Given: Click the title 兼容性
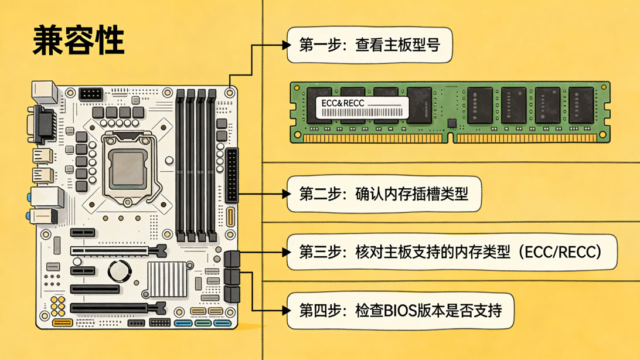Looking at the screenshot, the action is click(x=79, y=40).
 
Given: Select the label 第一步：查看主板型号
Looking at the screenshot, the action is click(x=369, y=45).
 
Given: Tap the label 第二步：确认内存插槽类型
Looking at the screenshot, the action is click(x=384, y=194).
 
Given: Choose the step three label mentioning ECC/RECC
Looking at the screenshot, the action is click(x=452, y=252).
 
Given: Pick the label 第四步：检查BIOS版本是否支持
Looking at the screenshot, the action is click(x=400, y=311).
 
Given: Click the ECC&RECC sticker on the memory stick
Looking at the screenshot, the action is click(x=362, y=108).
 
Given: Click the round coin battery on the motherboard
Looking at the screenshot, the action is click(x=120, y=270).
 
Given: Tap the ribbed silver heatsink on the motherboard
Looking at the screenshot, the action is click(x=167, y=279).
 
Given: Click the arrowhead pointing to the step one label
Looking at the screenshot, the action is click(x=287, y=45).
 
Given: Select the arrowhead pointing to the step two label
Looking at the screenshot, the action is click(x=287, y=194).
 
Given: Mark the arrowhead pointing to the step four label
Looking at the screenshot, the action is click(x=287, y=311).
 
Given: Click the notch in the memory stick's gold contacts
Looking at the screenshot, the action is click(x=450, y=138).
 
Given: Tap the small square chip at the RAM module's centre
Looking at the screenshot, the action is click(x=451, y=123).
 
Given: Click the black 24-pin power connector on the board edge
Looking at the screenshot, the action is click(x=232, y=175).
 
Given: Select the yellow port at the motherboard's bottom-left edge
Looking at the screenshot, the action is click(x=63, y=323).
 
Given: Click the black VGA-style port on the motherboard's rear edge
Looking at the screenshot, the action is click(x=44, y=125).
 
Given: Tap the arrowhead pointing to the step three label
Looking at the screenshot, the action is click(x=287, y=252).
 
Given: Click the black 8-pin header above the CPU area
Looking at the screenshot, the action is click(x=91, y=94).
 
